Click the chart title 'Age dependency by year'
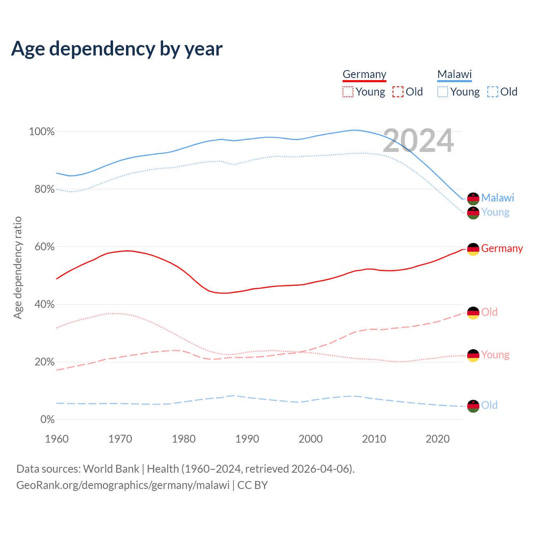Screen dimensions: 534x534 click(x=117, y=48)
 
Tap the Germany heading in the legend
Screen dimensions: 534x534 click(x=364, y=74)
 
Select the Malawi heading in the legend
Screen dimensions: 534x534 click(x=454, y=74)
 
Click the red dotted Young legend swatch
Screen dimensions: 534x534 click(x=348, y=92)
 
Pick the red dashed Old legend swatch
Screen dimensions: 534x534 click(x=398, y=92)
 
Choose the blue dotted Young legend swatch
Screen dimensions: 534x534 click(x=443, y=92)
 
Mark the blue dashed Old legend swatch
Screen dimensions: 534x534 click(x=493, y=92)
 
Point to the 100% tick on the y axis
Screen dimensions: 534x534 click(x=42, y=132)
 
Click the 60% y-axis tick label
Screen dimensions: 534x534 click(x=44, y=247)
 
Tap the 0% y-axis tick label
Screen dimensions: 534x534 click(x=48, y=420)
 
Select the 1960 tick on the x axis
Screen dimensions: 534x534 click(x=57, y=439)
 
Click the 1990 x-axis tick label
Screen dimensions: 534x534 click(x=247, y=439)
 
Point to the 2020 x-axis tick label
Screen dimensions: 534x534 click(x=437, y=439)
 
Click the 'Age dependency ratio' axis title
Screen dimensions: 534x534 click(x=18, y=268)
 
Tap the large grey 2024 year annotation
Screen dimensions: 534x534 click(x=418, y=141)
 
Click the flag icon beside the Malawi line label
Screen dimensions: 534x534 click(x=473, y=199)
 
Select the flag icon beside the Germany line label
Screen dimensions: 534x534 click(x=473, y=249)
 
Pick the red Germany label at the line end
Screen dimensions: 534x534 click(x=502, y=248)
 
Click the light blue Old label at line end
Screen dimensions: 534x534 click(x=489, y=405)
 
